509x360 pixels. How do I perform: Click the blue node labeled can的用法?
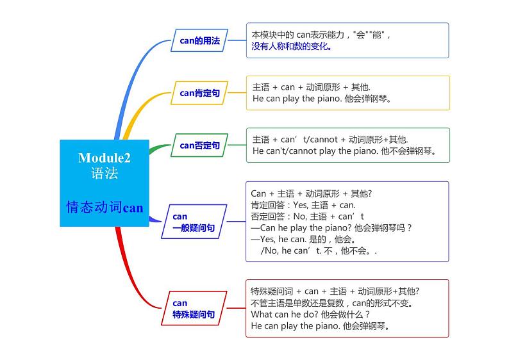click(x=199, y=40)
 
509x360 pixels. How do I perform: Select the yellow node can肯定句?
click(x=199, y=93)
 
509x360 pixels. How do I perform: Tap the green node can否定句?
click(x=199, y=145)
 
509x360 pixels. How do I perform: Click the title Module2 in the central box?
click(x=104, y=158)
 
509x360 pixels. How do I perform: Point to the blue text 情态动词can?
click(x=104, y=207)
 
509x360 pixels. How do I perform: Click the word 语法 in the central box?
click(x=104, y=173)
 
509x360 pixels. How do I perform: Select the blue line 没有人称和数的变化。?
click(x=292, y=46)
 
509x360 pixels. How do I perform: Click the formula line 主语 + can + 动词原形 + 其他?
click(x=312, y=87)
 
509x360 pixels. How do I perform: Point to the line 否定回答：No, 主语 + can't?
click(x=307, y=217)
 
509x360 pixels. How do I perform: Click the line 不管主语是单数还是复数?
click(x=332, y=302)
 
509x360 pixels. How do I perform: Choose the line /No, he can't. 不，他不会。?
click(x=319, y=250)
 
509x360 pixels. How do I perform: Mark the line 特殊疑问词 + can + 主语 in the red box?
click(x=335, y=291)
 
